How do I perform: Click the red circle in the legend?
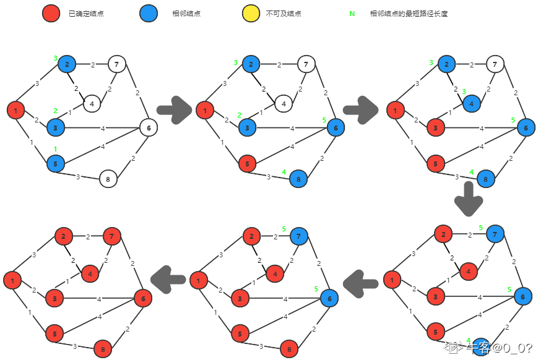tap(51, 14)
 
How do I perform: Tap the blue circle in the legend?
tap(148, 14)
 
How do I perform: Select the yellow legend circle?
tap(251, 14)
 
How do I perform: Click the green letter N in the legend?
tap(352, 14)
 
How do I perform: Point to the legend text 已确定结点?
tap(86, 14)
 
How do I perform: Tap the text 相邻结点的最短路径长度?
tap(409, 14)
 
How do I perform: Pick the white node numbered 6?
tap(148, 127)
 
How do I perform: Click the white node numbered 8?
tap(108, 179)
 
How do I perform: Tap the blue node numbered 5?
tap(56, 163)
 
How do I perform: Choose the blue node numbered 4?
tap(471, 103)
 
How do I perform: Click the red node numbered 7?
tap(111, 236)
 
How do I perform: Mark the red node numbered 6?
tap(143, 299)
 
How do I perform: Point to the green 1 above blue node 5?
tap(55, 149)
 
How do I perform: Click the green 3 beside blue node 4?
tap(464, 92)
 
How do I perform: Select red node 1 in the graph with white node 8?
tap(15, 110)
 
